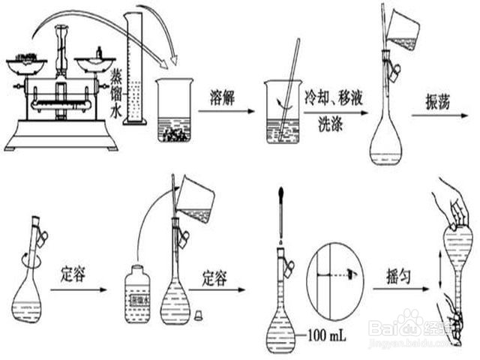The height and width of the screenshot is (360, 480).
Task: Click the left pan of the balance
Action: (x=23, y=58)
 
